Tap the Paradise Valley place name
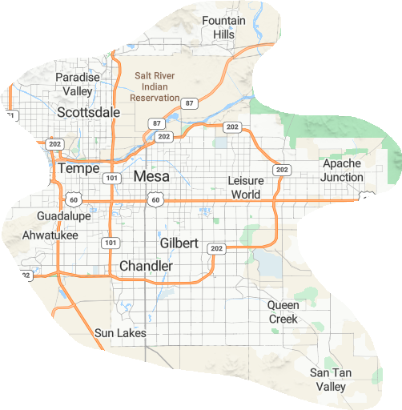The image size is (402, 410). (78, 84)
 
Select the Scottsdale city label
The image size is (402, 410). (88, 113)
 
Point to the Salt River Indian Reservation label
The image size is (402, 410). (156, 86)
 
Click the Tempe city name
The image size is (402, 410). (78, 169)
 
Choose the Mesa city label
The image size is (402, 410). (151, 176)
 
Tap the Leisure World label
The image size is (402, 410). (246, 187)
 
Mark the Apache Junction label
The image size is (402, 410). (342, 170)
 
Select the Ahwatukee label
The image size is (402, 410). (50, 235)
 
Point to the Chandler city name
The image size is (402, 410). (146, 265)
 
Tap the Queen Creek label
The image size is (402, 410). (283, 312)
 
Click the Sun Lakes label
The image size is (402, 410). (120, 332)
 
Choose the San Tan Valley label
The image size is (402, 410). (329, 380)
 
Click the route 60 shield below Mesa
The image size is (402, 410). (156, 199)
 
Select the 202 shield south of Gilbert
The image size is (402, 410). (216, 248)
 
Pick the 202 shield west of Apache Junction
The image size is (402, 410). (281, 170)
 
